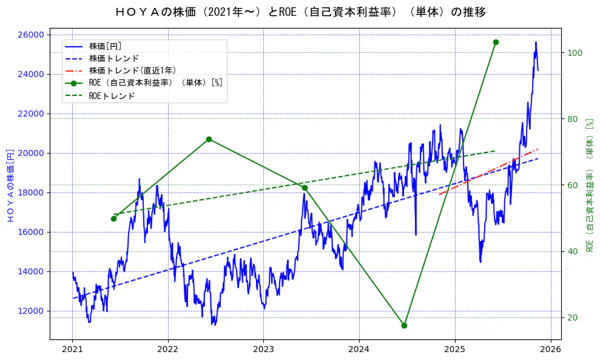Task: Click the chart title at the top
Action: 300,12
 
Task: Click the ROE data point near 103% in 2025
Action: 496,42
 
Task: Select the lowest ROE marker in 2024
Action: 404,325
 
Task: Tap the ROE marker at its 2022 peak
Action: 209,139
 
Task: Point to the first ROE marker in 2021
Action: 113,219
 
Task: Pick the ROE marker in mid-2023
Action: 305,188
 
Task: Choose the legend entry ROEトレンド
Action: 112,96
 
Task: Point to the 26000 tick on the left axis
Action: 30,35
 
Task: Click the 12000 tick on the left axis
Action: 30,311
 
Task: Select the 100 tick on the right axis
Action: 574,53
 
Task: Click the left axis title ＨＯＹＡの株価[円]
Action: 10,185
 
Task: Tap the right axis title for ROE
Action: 588,185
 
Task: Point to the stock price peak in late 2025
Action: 536,42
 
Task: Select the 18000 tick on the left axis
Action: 30,192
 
